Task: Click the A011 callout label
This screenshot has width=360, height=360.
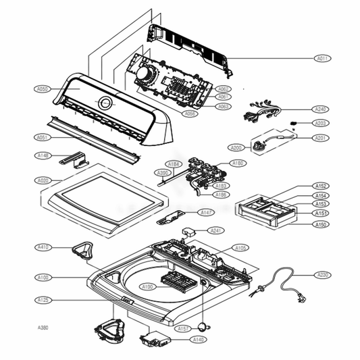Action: [323, 59]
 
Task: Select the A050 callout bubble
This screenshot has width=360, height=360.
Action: [42, 88]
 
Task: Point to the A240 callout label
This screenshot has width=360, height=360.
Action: [320, 109]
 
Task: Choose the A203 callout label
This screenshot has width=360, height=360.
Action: [320, 123]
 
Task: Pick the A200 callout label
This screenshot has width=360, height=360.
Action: [236, 147]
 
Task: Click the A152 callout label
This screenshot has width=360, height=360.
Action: [321, 186]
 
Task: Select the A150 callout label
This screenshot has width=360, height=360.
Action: [321, 224]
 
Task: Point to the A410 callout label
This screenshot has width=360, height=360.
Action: [43, 247]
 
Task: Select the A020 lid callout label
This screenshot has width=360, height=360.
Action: [43, 180]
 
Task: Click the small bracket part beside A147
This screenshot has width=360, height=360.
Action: [169, 218]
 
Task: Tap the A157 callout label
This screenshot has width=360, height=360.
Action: [182, 329]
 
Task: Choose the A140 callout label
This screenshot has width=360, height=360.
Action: [199, 339]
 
